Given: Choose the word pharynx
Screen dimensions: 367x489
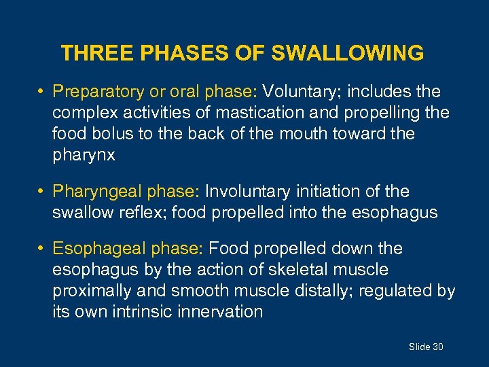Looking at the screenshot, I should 84,156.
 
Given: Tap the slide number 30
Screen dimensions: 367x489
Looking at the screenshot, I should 437,347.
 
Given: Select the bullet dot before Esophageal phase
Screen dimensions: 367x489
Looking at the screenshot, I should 42,249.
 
